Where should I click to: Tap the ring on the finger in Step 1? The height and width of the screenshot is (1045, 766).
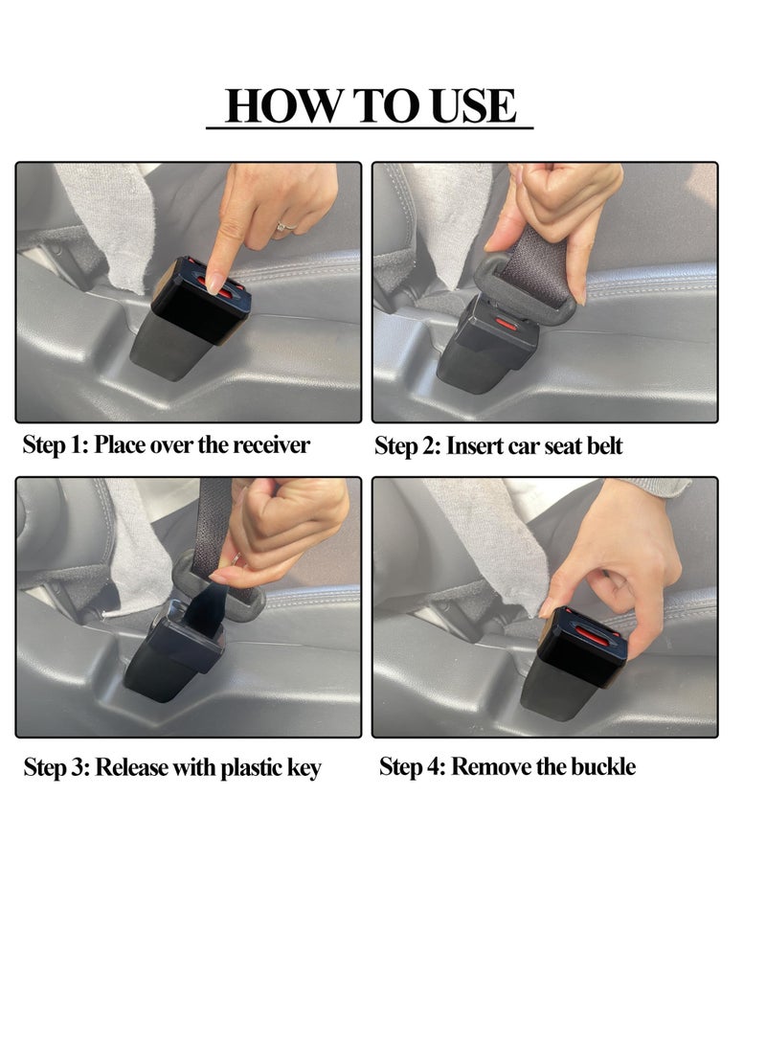click(x=284, y=227)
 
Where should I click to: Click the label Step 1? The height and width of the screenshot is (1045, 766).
click(x=56, y=445)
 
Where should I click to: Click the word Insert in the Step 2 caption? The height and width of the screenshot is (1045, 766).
click(x=474, y=446)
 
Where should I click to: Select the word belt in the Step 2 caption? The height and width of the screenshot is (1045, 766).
click(x=600, y=446)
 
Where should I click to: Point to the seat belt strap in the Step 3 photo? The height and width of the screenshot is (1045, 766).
click(x=213, y=536)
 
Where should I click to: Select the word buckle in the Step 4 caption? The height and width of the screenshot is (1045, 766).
click(x=600, y=766)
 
